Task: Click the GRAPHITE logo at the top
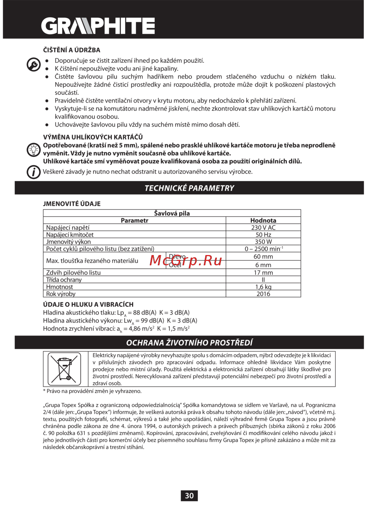coord(98,26)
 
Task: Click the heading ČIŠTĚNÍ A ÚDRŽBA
coord(72,50)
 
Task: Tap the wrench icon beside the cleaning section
coord(33,65)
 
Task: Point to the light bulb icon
coord(33,150)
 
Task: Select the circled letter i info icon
coord(33,172)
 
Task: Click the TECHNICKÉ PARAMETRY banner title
coord(189,188)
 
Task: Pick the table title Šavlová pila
coord(172,213)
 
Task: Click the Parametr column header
coord(134,220)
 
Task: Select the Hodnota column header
coord(263,220)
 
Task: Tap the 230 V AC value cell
coord(263,227)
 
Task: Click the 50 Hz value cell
coord(263,234)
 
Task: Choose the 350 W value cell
coord(263,242)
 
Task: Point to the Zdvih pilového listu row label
coord(73,273)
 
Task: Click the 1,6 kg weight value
coord(263,287)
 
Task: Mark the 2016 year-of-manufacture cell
coord(263,294)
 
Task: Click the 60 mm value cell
coord(263,257)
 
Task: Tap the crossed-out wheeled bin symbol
coord(65,369)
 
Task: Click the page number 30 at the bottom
coord(189,496)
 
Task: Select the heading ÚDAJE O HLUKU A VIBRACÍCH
coord(88,304)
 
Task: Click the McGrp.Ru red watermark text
coord(186,261)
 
